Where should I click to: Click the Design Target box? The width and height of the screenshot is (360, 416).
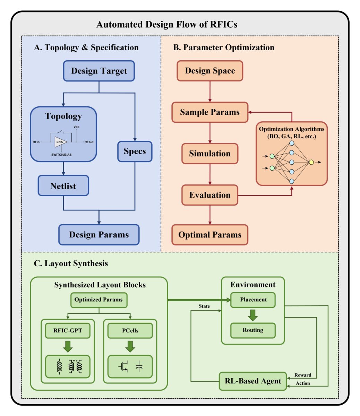click(x=99, y=71)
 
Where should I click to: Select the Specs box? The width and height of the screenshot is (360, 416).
click(x=135, y=151)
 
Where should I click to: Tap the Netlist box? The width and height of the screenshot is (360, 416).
click(x=63, y=186)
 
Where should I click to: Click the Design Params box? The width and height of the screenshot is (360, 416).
click(x=99, y=235)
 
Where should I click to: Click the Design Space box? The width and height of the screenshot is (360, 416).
click(x=210, y=71)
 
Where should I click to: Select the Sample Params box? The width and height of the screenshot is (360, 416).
click(x=210, y=112)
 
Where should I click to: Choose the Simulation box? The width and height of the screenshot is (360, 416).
click(x=210, y=154)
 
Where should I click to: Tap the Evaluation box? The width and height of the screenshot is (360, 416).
click(x=210, y=195)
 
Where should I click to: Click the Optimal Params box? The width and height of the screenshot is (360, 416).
click(x=210, y=235)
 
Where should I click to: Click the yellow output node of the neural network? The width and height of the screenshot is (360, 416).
click(x=311, y=162)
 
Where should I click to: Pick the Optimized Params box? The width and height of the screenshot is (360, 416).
click(x=98, y=300)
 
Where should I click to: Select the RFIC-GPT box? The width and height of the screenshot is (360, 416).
click(x=68, y=331)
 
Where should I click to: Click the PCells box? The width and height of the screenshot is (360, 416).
click(x=130, y=331)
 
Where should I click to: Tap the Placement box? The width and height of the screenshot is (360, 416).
click(x=253, y=300)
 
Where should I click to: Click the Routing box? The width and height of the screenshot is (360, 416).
click(x=253, y=330)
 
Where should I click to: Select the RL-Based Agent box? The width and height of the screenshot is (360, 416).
click(x=253, y=381)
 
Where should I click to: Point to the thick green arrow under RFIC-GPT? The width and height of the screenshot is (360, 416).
click(x=68, y=346)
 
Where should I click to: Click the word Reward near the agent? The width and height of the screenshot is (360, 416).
click(x=303, y=375)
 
